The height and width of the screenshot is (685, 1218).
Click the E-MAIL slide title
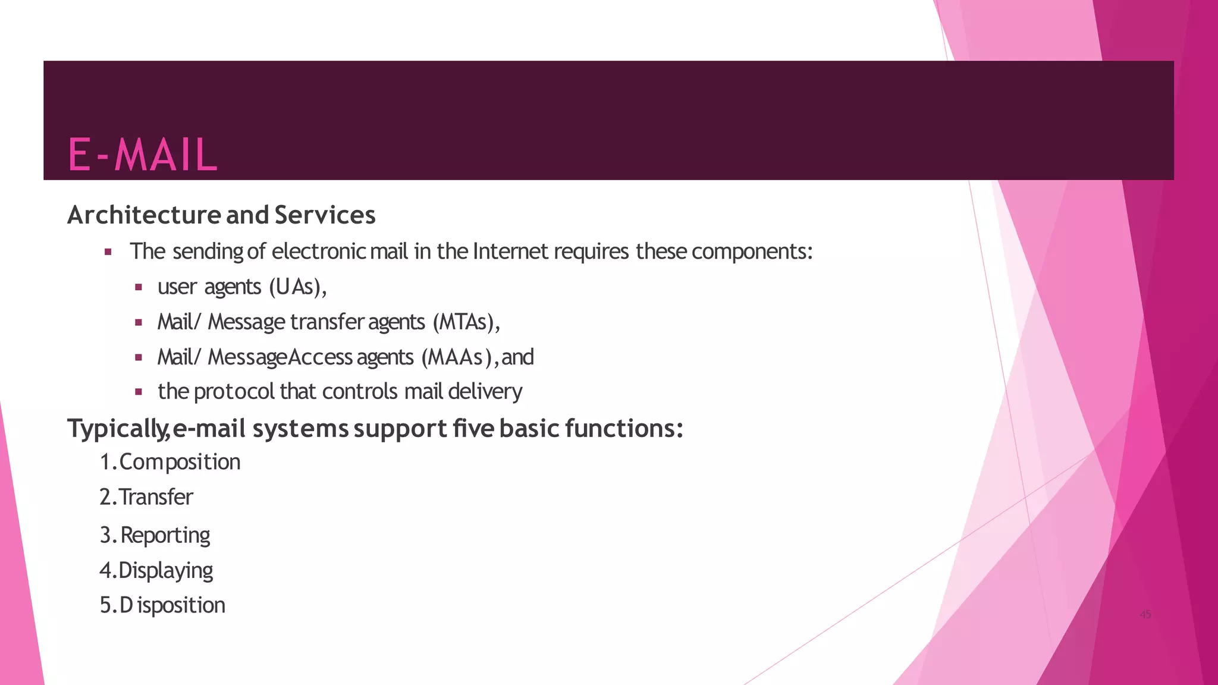143,155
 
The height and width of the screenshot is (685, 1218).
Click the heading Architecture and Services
221,215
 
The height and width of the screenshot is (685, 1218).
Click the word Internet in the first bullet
510,252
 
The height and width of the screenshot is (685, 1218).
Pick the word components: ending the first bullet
752,252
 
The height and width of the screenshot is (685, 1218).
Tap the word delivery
485,392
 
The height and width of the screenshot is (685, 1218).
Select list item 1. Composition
170,462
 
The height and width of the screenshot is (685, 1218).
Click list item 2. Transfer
146,497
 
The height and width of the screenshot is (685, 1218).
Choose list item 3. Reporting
155,535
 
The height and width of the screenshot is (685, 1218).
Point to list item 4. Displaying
156,570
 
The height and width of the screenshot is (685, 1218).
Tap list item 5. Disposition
162,605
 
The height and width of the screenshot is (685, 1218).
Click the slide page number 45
1145,615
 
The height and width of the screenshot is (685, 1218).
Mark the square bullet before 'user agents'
139,287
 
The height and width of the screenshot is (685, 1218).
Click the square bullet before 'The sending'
108,252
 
